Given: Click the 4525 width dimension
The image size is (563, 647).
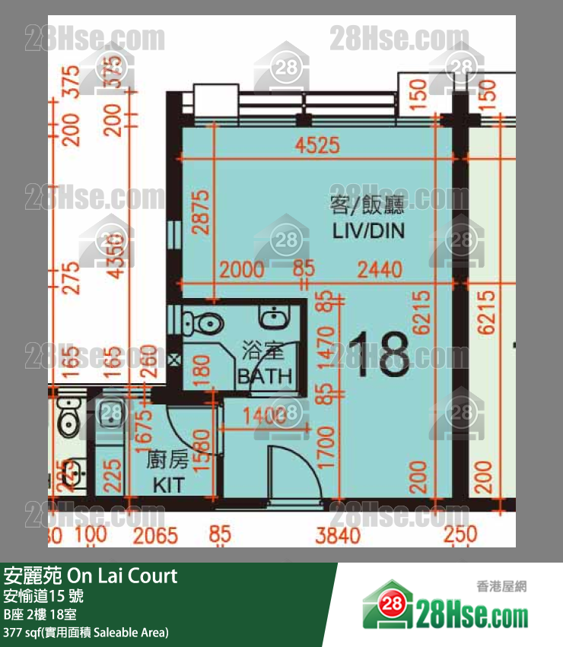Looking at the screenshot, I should pyautogui.click(x=318, y=145).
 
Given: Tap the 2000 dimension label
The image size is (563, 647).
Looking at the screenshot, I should pyautogui.click(x=243, y=269).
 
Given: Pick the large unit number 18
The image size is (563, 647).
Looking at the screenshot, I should pyautogui.click(x=379, y=355).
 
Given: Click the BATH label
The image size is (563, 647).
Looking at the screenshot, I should pyautogui.click(x=264, y=375).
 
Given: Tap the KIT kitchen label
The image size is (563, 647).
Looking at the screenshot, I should pyautogui.click(x=168, y=484).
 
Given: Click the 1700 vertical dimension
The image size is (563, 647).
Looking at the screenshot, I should pyautogui.click(x=326, y=447).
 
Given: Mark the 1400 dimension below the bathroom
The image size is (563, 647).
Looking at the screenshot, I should pyautogui.click(x=263, y=415).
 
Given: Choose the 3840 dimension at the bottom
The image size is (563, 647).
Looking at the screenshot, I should pyautogui.click(x=339, y=535).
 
